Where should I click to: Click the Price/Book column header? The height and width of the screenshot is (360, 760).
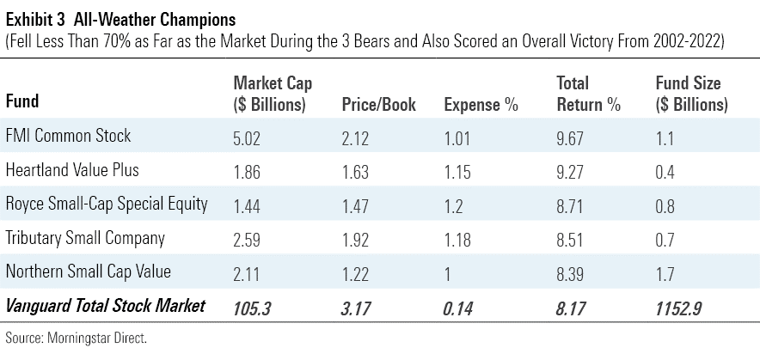point(380,105)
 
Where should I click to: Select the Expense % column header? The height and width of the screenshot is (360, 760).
point(481,105)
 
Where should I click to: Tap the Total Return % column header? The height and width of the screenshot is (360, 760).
point(588,95)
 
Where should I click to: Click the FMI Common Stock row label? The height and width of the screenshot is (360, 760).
point(69,136)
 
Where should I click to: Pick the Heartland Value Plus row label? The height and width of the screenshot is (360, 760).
point(72,170)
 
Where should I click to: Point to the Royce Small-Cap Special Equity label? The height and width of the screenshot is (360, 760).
point(107,204)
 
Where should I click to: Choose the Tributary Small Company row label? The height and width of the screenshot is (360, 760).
point(85,238)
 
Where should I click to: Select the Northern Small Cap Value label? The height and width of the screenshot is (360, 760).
point(89,272)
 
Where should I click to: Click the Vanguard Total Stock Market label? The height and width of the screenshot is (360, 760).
point(106,306)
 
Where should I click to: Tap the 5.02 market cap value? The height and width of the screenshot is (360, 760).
point(248,136)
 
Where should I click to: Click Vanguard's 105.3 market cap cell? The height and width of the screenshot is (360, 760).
point(252,307)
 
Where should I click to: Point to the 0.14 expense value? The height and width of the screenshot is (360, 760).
point(459,307)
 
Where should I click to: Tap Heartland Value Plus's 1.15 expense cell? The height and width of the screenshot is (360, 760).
point(457,170)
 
